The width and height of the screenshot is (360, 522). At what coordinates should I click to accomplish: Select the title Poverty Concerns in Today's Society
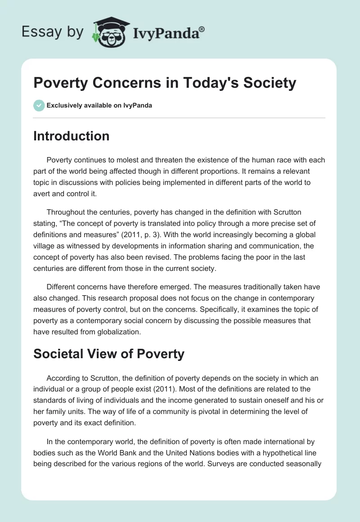(x=165, y=83)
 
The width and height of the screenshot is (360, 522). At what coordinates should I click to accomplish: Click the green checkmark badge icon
(x=39, y=105)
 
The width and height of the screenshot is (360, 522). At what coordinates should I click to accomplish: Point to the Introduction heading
(x=71, y=136)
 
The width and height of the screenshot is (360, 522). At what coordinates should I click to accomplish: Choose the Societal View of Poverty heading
(x=109, y=354)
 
